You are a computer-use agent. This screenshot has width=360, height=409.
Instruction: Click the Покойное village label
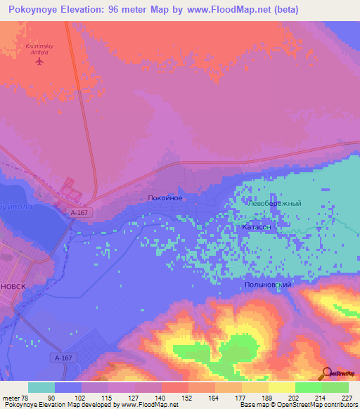click(x=166, y=199)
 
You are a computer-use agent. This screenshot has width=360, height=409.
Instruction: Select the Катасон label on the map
click(x=257, y=228)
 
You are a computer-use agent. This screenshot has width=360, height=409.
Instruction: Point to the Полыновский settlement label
click(x=267, y=285)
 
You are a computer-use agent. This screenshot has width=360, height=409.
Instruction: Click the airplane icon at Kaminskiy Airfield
click(x=39, y=60)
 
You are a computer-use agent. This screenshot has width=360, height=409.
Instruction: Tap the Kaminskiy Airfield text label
click(x=39, y=48)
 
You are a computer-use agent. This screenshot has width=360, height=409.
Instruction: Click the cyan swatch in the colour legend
click(x=41, y=387)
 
